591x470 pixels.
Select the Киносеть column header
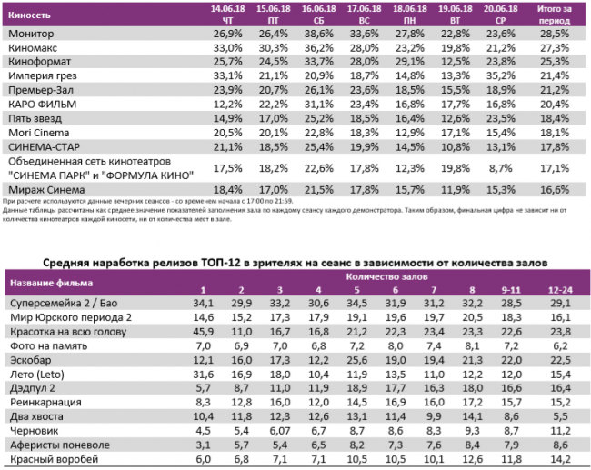[28, 15]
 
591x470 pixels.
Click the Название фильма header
[43, 282]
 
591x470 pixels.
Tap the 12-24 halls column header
[560, 289]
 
